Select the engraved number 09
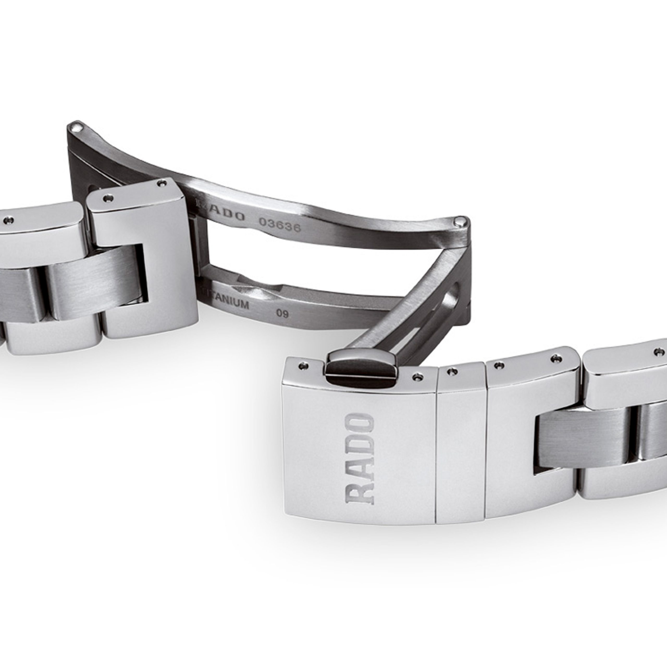tap(282, 313)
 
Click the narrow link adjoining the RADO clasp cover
tap(461, 449)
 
